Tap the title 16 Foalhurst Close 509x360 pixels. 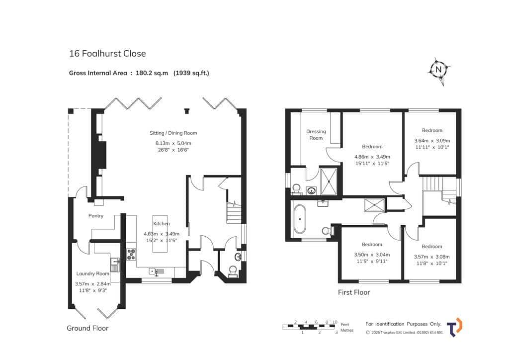[107, 54]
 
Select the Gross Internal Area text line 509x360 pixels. [139, 73]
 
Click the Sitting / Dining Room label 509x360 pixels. [173, 133]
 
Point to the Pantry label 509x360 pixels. [96, 215]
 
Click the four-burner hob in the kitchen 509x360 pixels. [131, 254]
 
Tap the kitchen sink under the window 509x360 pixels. [157, 271]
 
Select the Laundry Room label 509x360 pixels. [92, 273]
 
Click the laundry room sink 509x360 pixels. [115, 264]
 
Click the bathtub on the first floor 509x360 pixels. [299, 219]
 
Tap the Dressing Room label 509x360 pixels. [316, 135]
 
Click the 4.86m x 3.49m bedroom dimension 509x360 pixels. [372, 157]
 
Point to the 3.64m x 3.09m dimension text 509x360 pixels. [432, 141]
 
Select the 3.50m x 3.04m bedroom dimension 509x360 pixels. [372, 255]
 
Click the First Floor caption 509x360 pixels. [354, 292]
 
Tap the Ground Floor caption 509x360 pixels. [87, 328]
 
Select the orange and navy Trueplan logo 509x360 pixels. [455, 327]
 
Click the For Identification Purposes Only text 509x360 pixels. [404, 324]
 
